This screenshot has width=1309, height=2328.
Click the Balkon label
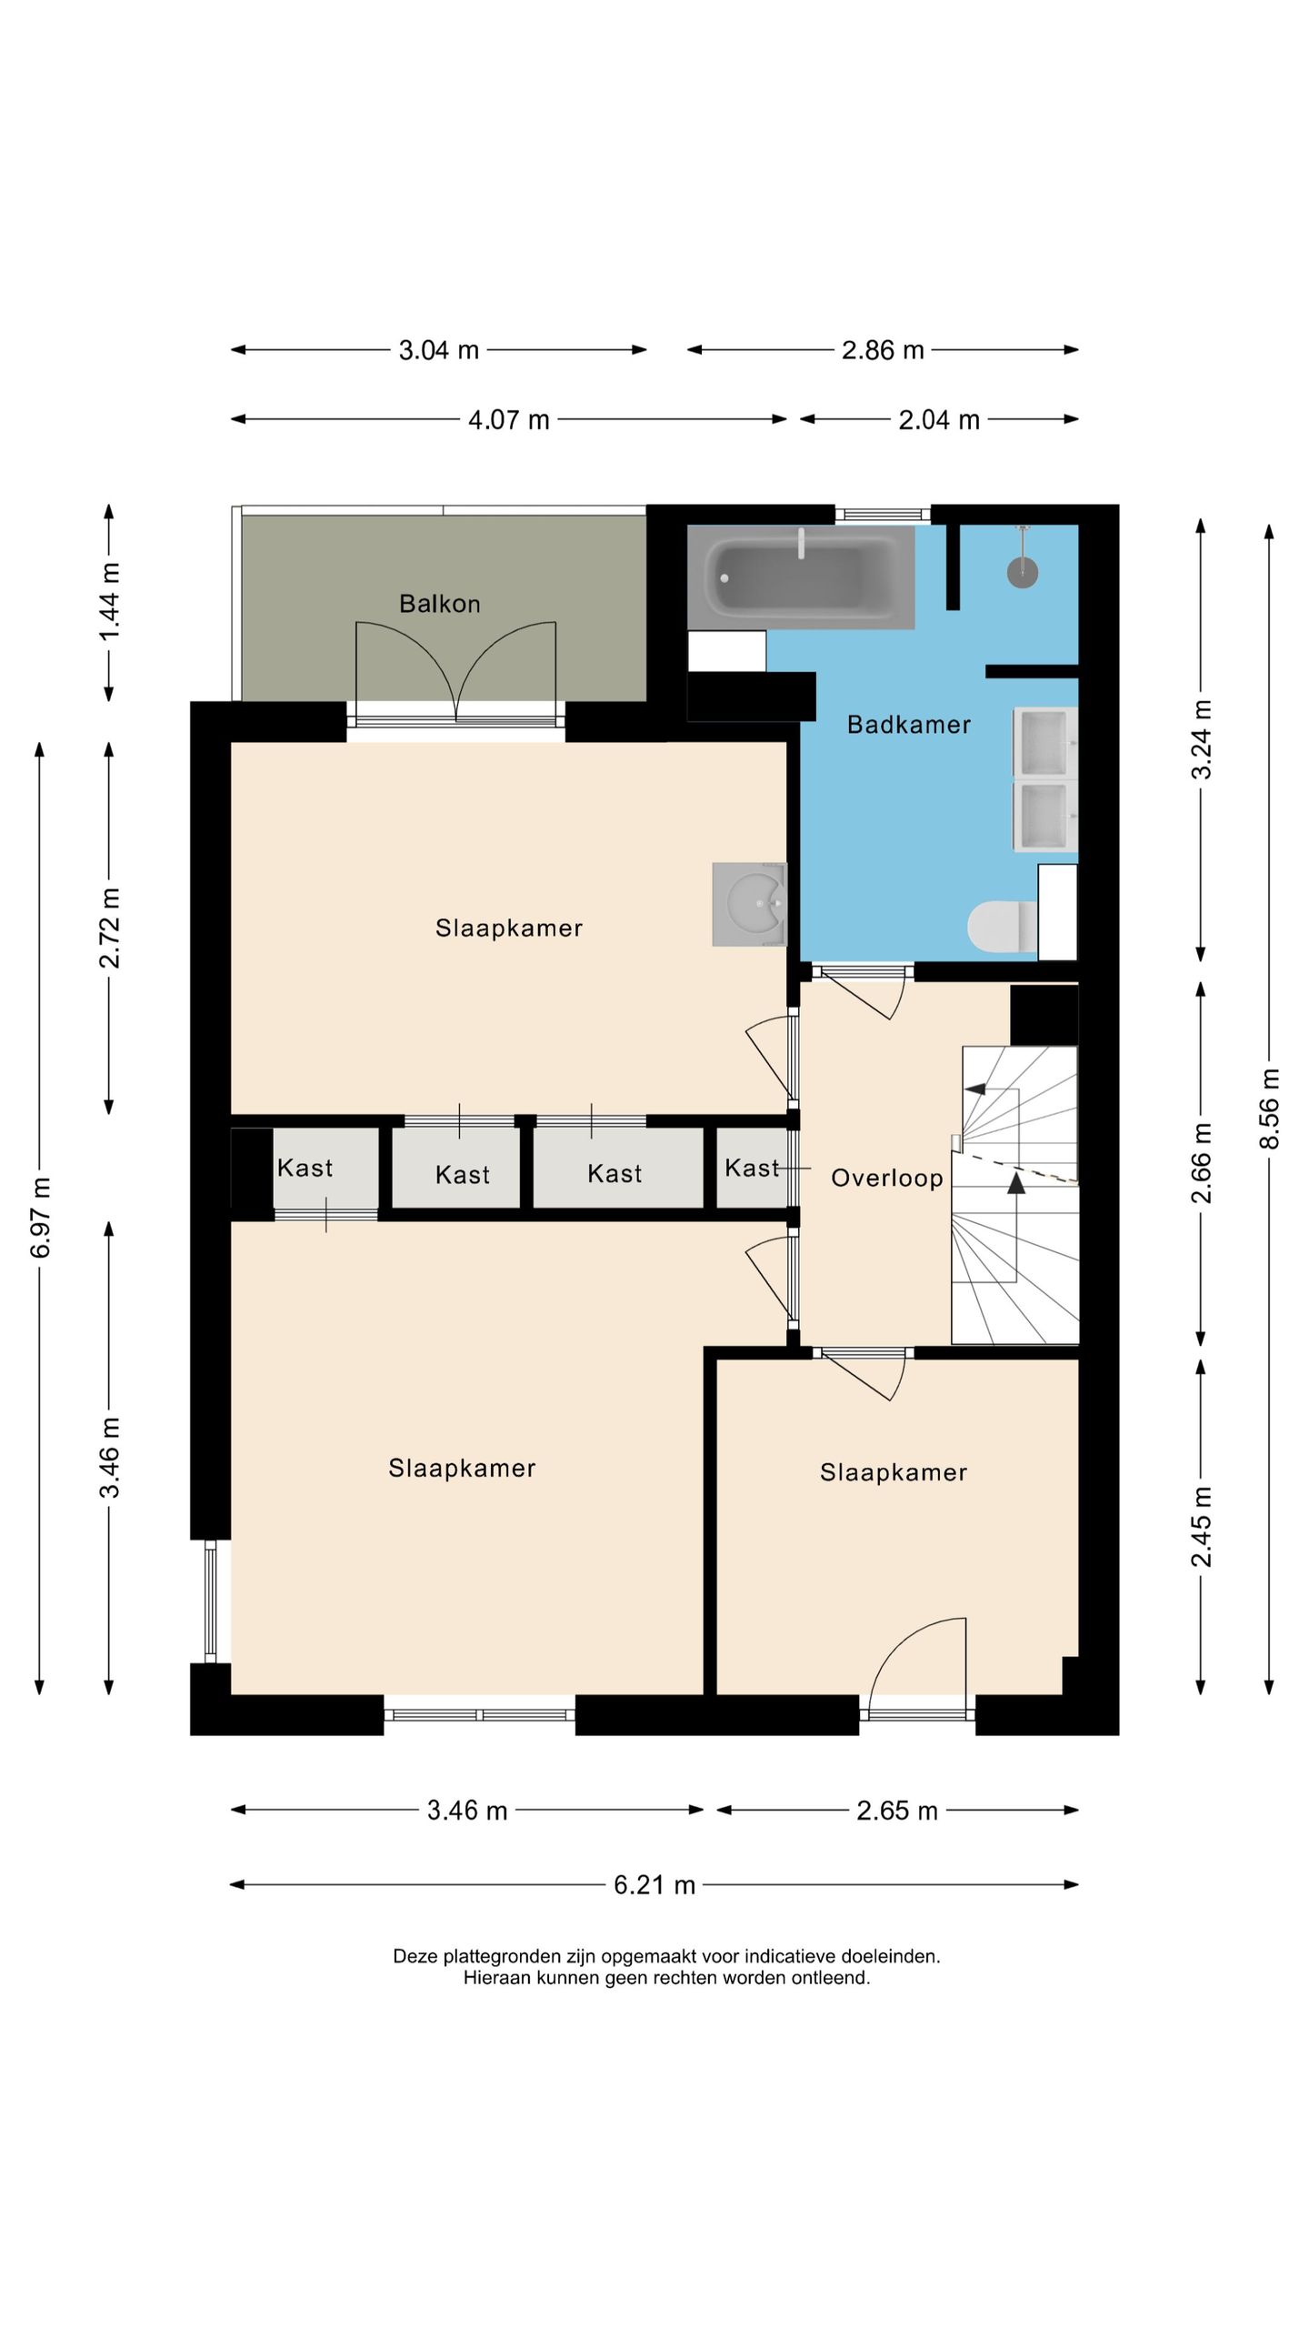tap(440, 604)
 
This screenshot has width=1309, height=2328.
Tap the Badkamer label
tap(909, 725)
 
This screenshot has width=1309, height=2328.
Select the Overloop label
tap(887, 1179)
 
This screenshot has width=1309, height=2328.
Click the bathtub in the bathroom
tap(801, 577)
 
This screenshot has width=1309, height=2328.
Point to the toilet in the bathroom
tap(1002, 926)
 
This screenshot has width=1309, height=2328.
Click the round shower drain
tap(1023, 572)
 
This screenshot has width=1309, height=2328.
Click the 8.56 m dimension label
tap(1269, 1109)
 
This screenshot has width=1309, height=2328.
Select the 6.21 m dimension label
tap(654, 1885)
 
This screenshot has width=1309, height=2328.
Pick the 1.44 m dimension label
tap(109, 602)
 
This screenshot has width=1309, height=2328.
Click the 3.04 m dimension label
tap(439, 350)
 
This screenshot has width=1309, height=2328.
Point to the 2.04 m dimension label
tap(939, 420)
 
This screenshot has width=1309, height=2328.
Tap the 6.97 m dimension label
tap(40, 1218)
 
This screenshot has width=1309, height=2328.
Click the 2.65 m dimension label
tap(897, 1811)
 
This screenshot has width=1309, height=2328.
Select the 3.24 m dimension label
tap(1201, 739)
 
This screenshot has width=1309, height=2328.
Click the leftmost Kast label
tap(305, 1168)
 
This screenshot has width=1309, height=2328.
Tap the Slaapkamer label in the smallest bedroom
tap(894, 1472)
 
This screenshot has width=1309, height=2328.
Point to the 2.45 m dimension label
tap(1201, 1527)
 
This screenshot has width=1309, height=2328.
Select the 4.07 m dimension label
tap(509, 420)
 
